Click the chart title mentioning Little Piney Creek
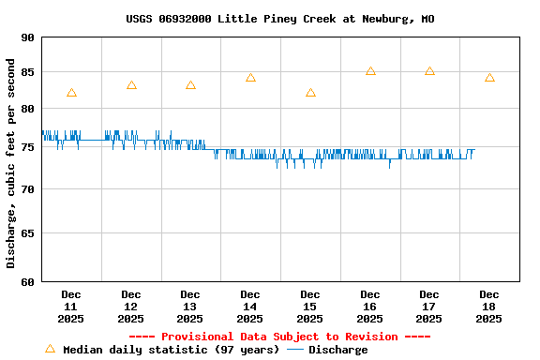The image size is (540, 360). [280, 19]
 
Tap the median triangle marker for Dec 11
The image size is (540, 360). [71, 93]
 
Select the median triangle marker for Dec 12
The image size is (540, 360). [131, 85]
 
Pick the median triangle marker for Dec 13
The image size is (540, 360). [190, 85]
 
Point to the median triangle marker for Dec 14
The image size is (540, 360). [250, 78]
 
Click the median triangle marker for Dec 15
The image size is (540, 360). [310, 93]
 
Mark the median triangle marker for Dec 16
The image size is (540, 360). [370, 71]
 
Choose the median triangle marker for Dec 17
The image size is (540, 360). [429, 71]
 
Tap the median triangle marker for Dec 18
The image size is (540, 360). [489, 78]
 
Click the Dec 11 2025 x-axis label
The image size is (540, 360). [71, 307]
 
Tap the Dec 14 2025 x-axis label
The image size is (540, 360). [250, 307]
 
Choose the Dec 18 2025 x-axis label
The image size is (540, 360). [489, 307]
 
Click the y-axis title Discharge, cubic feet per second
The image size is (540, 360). [11, 163]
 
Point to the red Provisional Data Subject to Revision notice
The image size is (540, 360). [279, 337]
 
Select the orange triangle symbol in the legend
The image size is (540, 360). [50, 349]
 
